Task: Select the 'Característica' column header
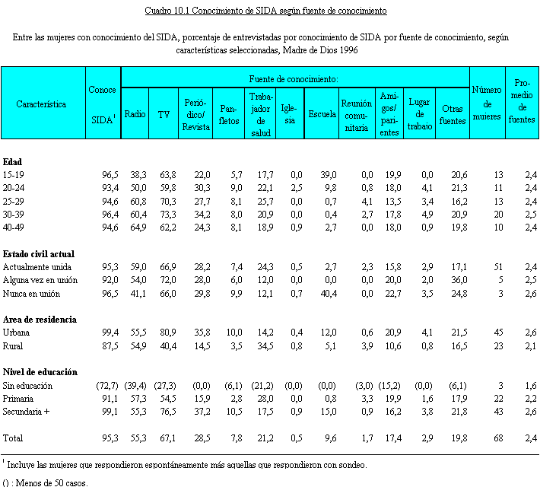pos(41,104)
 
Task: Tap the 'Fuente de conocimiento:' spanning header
pos(294,79)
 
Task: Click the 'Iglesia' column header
pos(288,114)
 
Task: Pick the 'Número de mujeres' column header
pos(487,103)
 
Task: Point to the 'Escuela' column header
pos(322,114)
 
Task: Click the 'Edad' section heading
pos(12,162)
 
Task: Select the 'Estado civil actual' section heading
pos(39,254)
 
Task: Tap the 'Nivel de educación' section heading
pos(40,372)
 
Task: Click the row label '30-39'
pos(14,215)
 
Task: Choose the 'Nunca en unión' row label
pos(31,294)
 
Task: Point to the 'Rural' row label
pos(13,346)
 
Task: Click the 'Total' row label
pos(13,438)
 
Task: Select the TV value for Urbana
pos(168,333)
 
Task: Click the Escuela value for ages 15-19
pos(329,175)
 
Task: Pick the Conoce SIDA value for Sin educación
pos(107,386)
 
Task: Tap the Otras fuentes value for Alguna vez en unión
pos(459,280)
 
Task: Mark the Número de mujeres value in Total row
pos(498,438)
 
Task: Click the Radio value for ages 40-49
pos(138,228)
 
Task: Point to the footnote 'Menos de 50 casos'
pos(51,482)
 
